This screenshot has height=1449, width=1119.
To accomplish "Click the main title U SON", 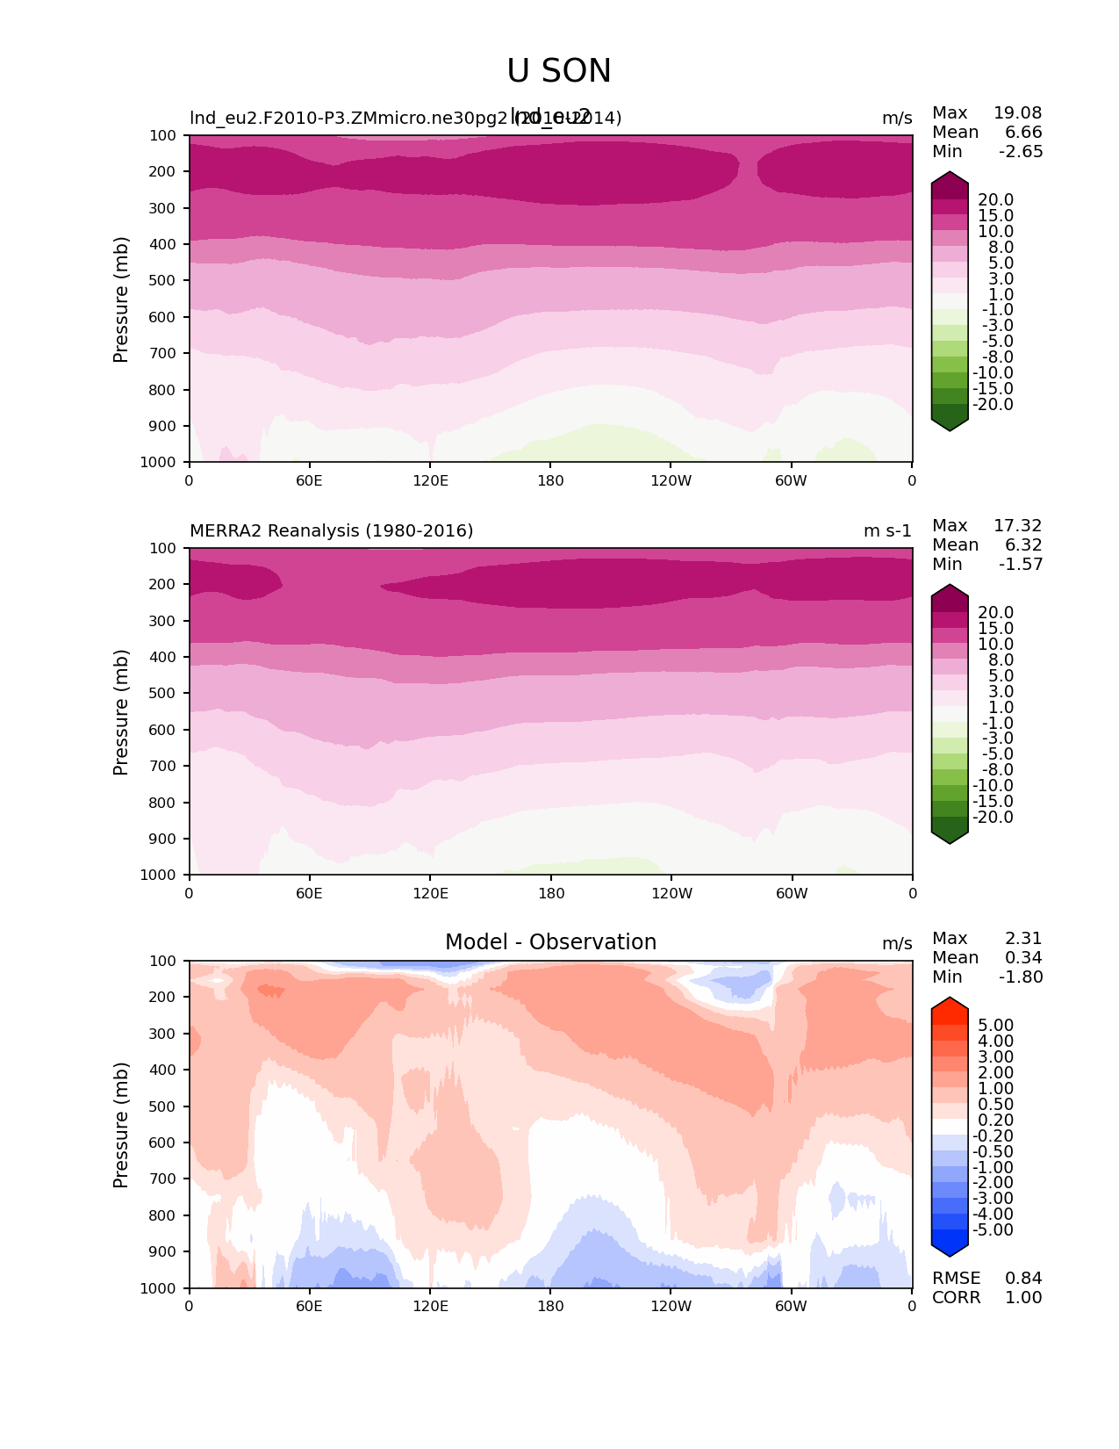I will point(559,71).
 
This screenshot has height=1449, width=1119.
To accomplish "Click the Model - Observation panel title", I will point(550,942).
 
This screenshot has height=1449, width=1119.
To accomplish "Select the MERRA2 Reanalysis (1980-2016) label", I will point(331,530).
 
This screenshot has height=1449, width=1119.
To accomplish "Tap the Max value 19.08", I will point(1017,113).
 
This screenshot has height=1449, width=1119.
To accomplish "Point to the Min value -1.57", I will point(1021,565).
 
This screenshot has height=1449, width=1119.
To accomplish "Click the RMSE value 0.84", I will point(1023,1279).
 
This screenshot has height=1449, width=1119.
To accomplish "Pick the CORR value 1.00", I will point(1023,1298).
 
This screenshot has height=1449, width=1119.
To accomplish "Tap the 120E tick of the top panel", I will point(430,480).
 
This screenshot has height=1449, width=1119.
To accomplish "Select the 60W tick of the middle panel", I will point(792,893).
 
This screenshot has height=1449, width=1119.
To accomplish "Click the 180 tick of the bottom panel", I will point(550,1306).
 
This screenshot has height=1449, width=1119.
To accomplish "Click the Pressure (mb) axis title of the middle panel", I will point(121,711).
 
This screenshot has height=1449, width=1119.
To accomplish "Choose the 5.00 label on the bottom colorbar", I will point(995,1026).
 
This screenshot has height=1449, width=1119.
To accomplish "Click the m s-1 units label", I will point(887,530).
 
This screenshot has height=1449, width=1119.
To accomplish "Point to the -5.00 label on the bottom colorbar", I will point(993,1230).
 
